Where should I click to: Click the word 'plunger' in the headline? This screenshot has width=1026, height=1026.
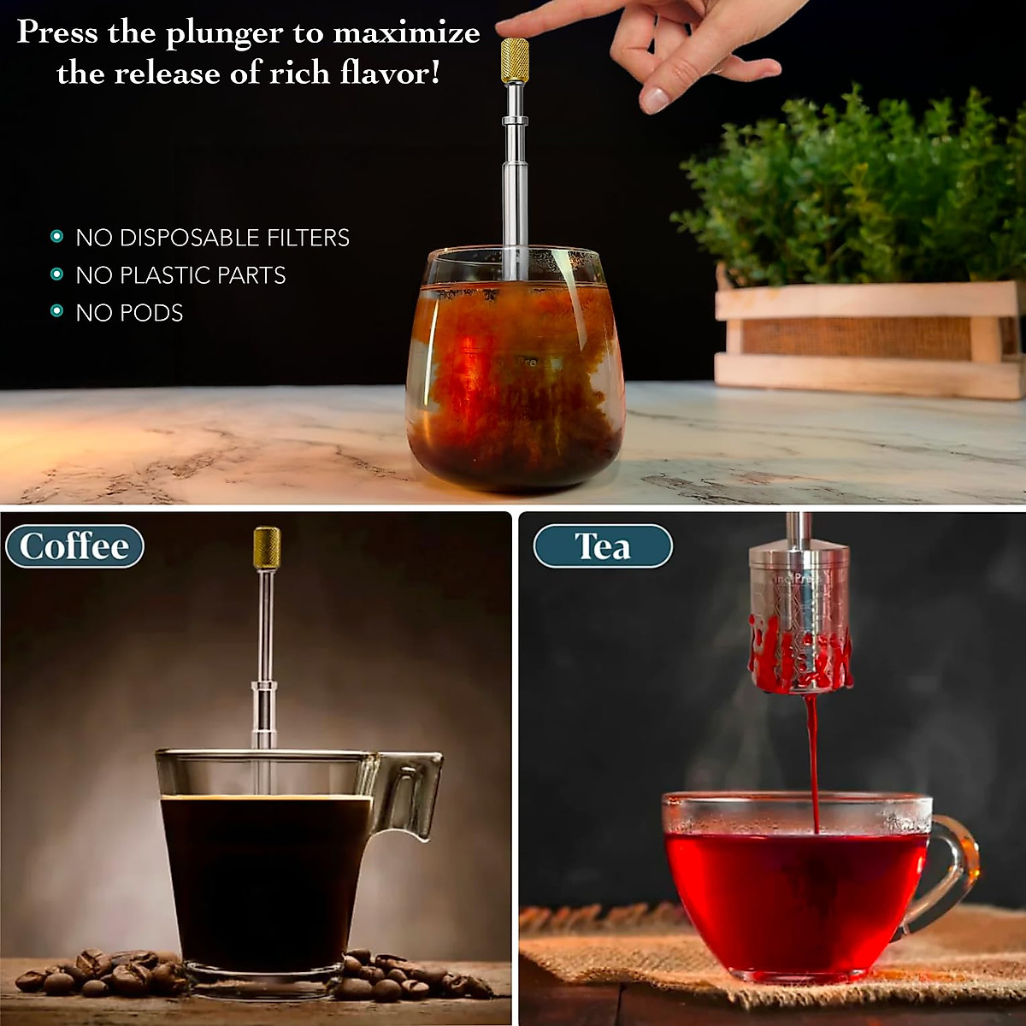pyautogui.click(x=223, y=34)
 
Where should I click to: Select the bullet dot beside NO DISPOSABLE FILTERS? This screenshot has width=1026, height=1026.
pyautogui.click(x=57, y=237)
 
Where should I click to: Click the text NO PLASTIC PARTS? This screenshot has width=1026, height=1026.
pyautogui.click(x=180, y=275)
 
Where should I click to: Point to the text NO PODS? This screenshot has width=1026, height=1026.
pyautogui.click(x=129, y=313)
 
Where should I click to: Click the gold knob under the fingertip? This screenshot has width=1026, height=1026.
pyautogui.click(x=515, y=60)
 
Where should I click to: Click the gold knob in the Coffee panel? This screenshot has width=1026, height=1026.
pyautogui.click(x=267, y=548)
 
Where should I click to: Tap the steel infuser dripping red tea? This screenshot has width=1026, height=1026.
pyautogui.click(x=799, y=616)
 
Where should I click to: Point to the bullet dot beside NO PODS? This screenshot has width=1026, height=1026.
pyautogui.click(x=57, y=312)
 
